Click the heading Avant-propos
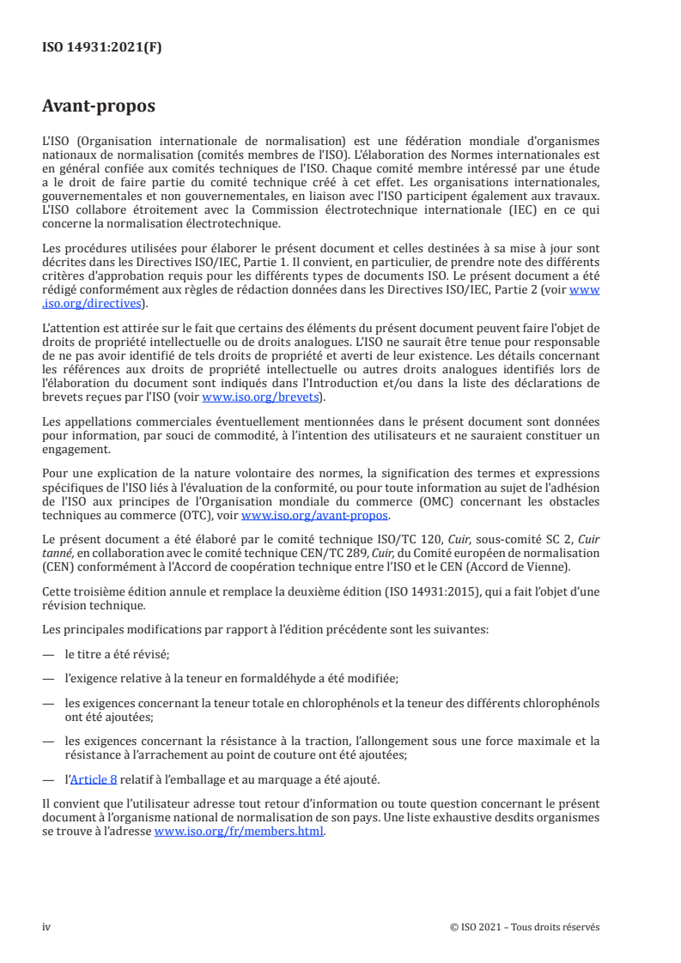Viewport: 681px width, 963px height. click(99, 107)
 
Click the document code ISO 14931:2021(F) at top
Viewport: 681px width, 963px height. click(101, 48)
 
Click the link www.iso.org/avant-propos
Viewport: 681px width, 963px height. click(315, 516)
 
